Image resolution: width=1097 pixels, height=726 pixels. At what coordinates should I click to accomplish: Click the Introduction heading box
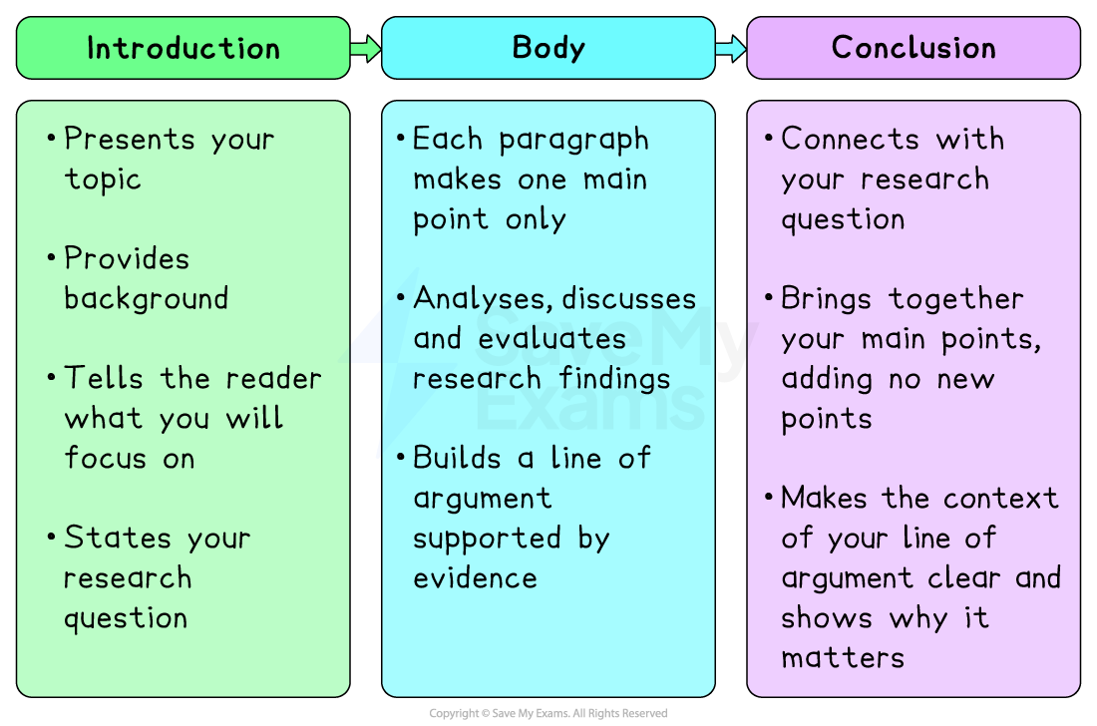(183, 48)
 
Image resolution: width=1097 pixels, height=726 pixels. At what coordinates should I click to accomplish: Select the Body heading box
(548, 48)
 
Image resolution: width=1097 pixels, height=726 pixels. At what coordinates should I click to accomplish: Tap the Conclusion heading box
(914, 48)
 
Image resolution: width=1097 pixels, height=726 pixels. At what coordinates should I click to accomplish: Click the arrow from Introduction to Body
(366, 48)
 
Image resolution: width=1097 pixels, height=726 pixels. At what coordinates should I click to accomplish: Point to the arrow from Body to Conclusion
(731, 48)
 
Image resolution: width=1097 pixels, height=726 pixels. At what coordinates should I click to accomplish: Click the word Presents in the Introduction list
(131, 140)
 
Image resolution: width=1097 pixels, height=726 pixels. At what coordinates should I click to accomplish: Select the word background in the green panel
(147, 299)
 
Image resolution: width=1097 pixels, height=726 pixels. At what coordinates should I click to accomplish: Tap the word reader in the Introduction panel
(273, 379)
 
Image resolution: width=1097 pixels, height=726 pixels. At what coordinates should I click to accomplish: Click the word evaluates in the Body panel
(551, 339)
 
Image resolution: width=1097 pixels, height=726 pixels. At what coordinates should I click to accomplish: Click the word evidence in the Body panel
(475, 578)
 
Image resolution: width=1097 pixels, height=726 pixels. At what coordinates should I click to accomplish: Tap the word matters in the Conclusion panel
(843, 658)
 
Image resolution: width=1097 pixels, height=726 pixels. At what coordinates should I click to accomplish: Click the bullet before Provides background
(51, 259)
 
